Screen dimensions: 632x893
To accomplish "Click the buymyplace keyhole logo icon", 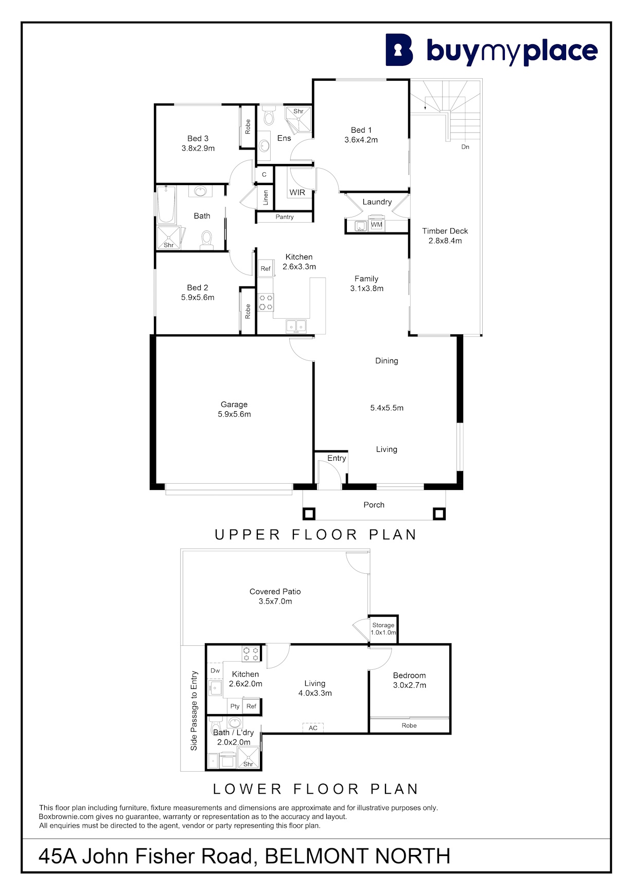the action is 399,50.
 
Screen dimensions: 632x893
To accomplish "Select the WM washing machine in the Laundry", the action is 377,225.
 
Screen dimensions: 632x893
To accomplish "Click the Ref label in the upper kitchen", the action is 266,268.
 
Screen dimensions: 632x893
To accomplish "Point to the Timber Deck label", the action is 445,231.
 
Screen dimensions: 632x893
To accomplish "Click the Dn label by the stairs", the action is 465,147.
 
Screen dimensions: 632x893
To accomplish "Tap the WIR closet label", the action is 297,192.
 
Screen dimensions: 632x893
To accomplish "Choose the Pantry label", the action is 285,217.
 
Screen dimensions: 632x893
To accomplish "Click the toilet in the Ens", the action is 269,116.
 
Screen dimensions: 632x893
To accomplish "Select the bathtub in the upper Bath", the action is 166,205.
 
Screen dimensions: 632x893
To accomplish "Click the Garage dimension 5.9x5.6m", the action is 234,414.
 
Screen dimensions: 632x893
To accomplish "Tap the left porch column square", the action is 309,514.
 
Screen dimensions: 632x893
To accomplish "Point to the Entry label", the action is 337,458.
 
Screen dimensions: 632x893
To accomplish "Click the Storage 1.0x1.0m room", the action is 383,629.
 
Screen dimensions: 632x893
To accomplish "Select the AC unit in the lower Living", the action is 313,728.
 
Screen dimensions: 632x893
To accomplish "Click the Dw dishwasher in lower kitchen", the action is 215,670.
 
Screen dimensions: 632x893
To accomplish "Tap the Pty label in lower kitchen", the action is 235,706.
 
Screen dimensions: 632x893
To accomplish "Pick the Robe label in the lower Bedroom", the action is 409,725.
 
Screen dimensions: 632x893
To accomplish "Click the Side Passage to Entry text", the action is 194,710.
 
